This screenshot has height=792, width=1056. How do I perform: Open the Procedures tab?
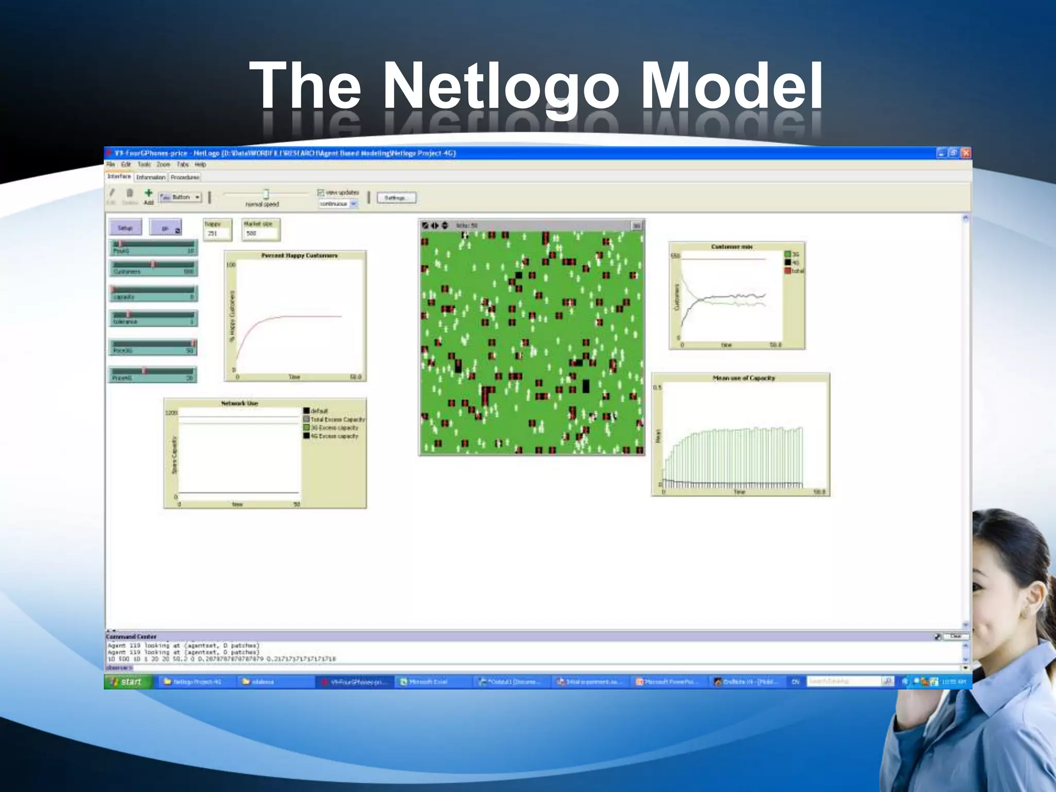pos(185,177)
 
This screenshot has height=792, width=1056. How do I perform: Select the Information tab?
pos(151,177)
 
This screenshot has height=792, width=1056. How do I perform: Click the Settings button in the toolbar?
pos(396,198)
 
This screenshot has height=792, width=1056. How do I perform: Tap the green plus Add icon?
pos(148,193)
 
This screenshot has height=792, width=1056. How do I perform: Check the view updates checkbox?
pos(321,193)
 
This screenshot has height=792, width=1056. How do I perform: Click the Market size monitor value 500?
pos(252,234)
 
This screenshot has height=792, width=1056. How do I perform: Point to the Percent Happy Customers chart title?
pos(299,256)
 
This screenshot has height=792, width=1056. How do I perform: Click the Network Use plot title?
pos(239,403)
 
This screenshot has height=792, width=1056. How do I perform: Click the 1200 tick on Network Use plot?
pos(171,413)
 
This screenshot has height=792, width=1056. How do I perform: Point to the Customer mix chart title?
pos(732,247)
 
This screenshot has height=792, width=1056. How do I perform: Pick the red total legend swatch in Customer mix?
pos(787,271)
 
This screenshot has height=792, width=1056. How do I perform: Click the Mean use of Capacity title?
pos(744,378)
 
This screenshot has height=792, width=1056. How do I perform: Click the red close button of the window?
pos(966,153)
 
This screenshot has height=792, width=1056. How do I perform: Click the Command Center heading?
pos(131,637)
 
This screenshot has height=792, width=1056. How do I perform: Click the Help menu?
pos(201,165)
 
